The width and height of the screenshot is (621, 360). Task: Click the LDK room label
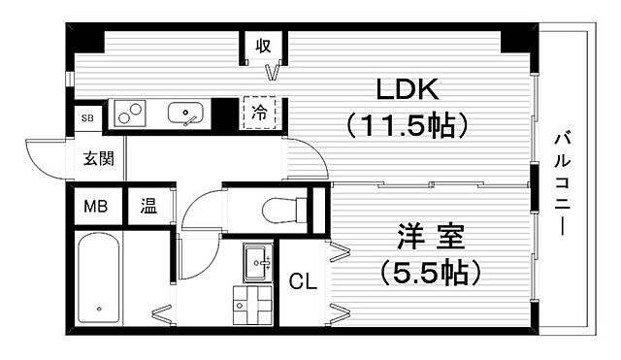(x=409, y=90)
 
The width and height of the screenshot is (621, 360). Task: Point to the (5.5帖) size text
(x=431, y=273)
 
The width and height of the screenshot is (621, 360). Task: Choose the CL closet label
(x=303, y=283)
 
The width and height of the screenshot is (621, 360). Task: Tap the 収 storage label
(x=263, y=46)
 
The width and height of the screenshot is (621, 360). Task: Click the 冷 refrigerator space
(x=260, y=113)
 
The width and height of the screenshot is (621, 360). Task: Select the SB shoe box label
(x=87, y=117)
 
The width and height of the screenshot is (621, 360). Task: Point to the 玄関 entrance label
(x=98, y=157)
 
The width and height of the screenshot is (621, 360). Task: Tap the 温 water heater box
(x=149, y=206)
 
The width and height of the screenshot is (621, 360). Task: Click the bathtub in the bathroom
(x=98, y=280)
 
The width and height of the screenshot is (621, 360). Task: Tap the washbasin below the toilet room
(x=256, y=260)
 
